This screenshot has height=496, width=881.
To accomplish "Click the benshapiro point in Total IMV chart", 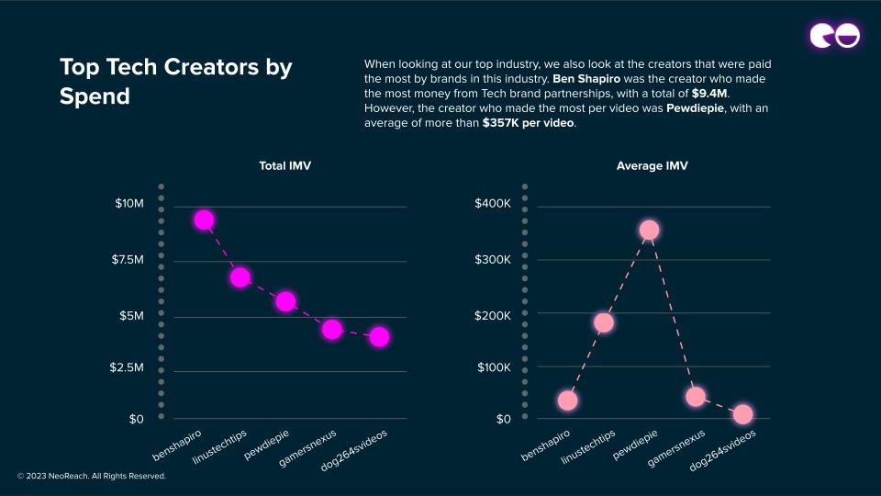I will pos(204,220).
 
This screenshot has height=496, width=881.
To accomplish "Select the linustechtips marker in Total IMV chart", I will pos(240,277).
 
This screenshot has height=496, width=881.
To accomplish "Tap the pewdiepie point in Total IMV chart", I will pos(285,301).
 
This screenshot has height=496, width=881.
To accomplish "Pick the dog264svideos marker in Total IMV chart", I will pos(379,337).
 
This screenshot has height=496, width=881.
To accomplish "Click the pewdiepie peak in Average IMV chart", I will pos(649,230).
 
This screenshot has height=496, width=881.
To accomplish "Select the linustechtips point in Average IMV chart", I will pos(603,322).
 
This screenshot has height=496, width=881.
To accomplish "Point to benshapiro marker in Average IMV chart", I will pos(567,400).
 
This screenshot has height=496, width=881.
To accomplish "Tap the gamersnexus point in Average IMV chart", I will pos(696,397).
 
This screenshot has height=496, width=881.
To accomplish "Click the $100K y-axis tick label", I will pos(493,367).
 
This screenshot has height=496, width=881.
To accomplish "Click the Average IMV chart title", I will pos(652,166).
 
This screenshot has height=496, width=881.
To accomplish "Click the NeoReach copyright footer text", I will pos(92,477).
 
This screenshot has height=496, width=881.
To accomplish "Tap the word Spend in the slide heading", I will pos(95,96).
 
